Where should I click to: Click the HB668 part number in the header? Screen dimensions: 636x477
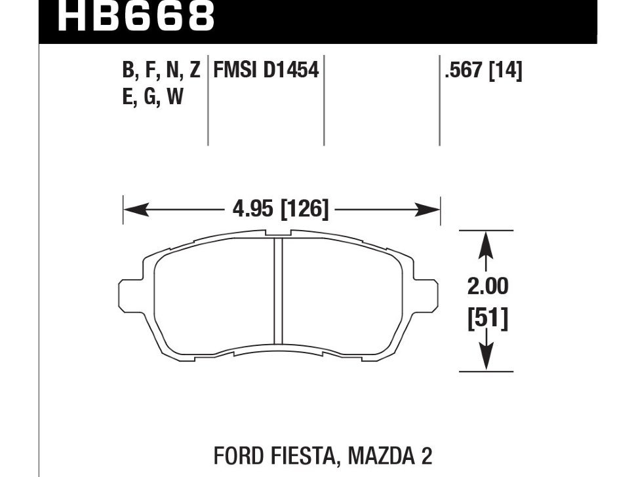tap(136, 16)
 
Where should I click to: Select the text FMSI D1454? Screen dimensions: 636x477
tap(266, 70)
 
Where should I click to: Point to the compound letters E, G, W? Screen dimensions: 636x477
tap(153, 96)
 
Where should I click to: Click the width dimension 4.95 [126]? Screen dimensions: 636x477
tap(280, 210)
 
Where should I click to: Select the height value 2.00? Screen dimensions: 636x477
tap(488, 286)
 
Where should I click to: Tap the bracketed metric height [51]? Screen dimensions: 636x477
tap(488, 318)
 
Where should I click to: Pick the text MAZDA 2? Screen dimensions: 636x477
tap(389, 456)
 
